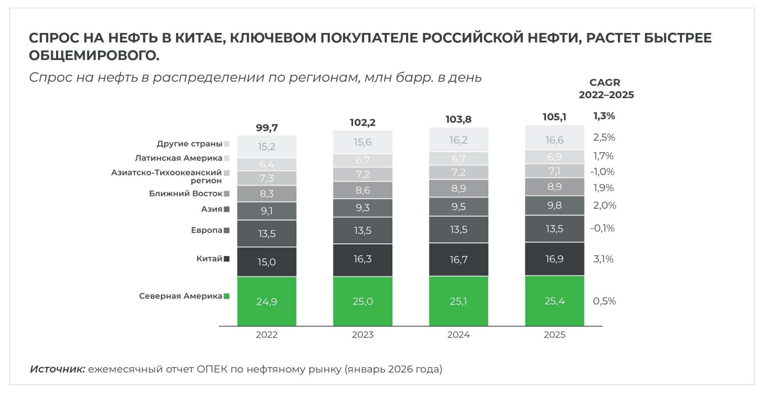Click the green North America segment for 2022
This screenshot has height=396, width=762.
(x=266, y=301)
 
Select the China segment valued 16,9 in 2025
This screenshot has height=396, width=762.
(x=554, y=259)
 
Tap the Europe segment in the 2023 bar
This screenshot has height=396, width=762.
(x=363, y=231)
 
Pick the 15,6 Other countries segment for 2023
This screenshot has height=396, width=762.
(x=363, y=142)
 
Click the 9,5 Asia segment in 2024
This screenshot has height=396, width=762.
(x=458, y=207)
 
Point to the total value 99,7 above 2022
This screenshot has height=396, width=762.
(x=267, y=128)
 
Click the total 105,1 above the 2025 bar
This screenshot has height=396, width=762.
(x=554, y=117)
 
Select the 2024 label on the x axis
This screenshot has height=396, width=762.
(x=458, y=335)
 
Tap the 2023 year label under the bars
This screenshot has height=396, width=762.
(x=363, y=335)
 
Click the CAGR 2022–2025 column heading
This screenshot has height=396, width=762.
(x=606, y=89)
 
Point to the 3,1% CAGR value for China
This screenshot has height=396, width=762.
(x=603, y=259)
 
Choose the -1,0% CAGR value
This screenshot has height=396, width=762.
(x=602, y=172)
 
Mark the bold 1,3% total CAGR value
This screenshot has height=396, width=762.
(x=604, y=116)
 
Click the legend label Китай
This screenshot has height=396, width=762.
(x=209, y=259)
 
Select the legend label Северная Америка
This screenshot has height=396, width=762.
(x=180, y=296)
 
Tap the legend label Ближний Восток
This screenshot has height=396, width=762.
(x=186, y=193)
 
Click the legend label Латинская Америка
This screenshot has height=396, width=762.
(x=179, y=158)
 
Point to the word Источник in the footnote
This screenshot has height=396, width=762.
(x=58, y=369)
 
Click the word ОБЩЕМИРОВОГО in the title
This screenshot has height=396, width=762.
(x=94, y=55)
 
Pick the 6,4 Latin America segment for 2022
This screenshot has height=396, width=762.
(x=267, y=164)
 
